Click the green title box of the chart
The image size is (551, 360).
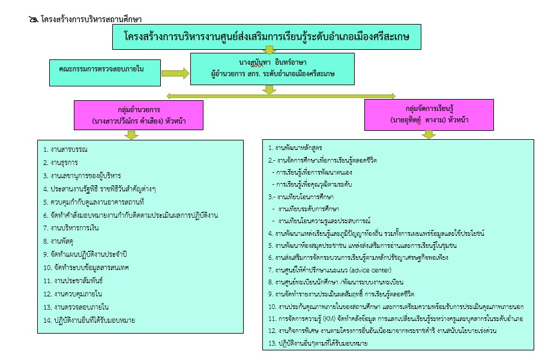coord(267,37)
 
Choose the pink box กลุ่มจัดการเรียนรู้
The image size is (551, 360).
coord(429,115)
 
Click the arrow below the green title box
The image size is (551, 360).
coord(269,50)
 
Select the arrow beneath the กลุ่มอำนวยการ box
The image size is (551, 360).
coord(130,135)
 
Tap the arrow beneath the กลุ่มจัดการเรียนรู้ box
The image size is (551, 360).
coord(428,134)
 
